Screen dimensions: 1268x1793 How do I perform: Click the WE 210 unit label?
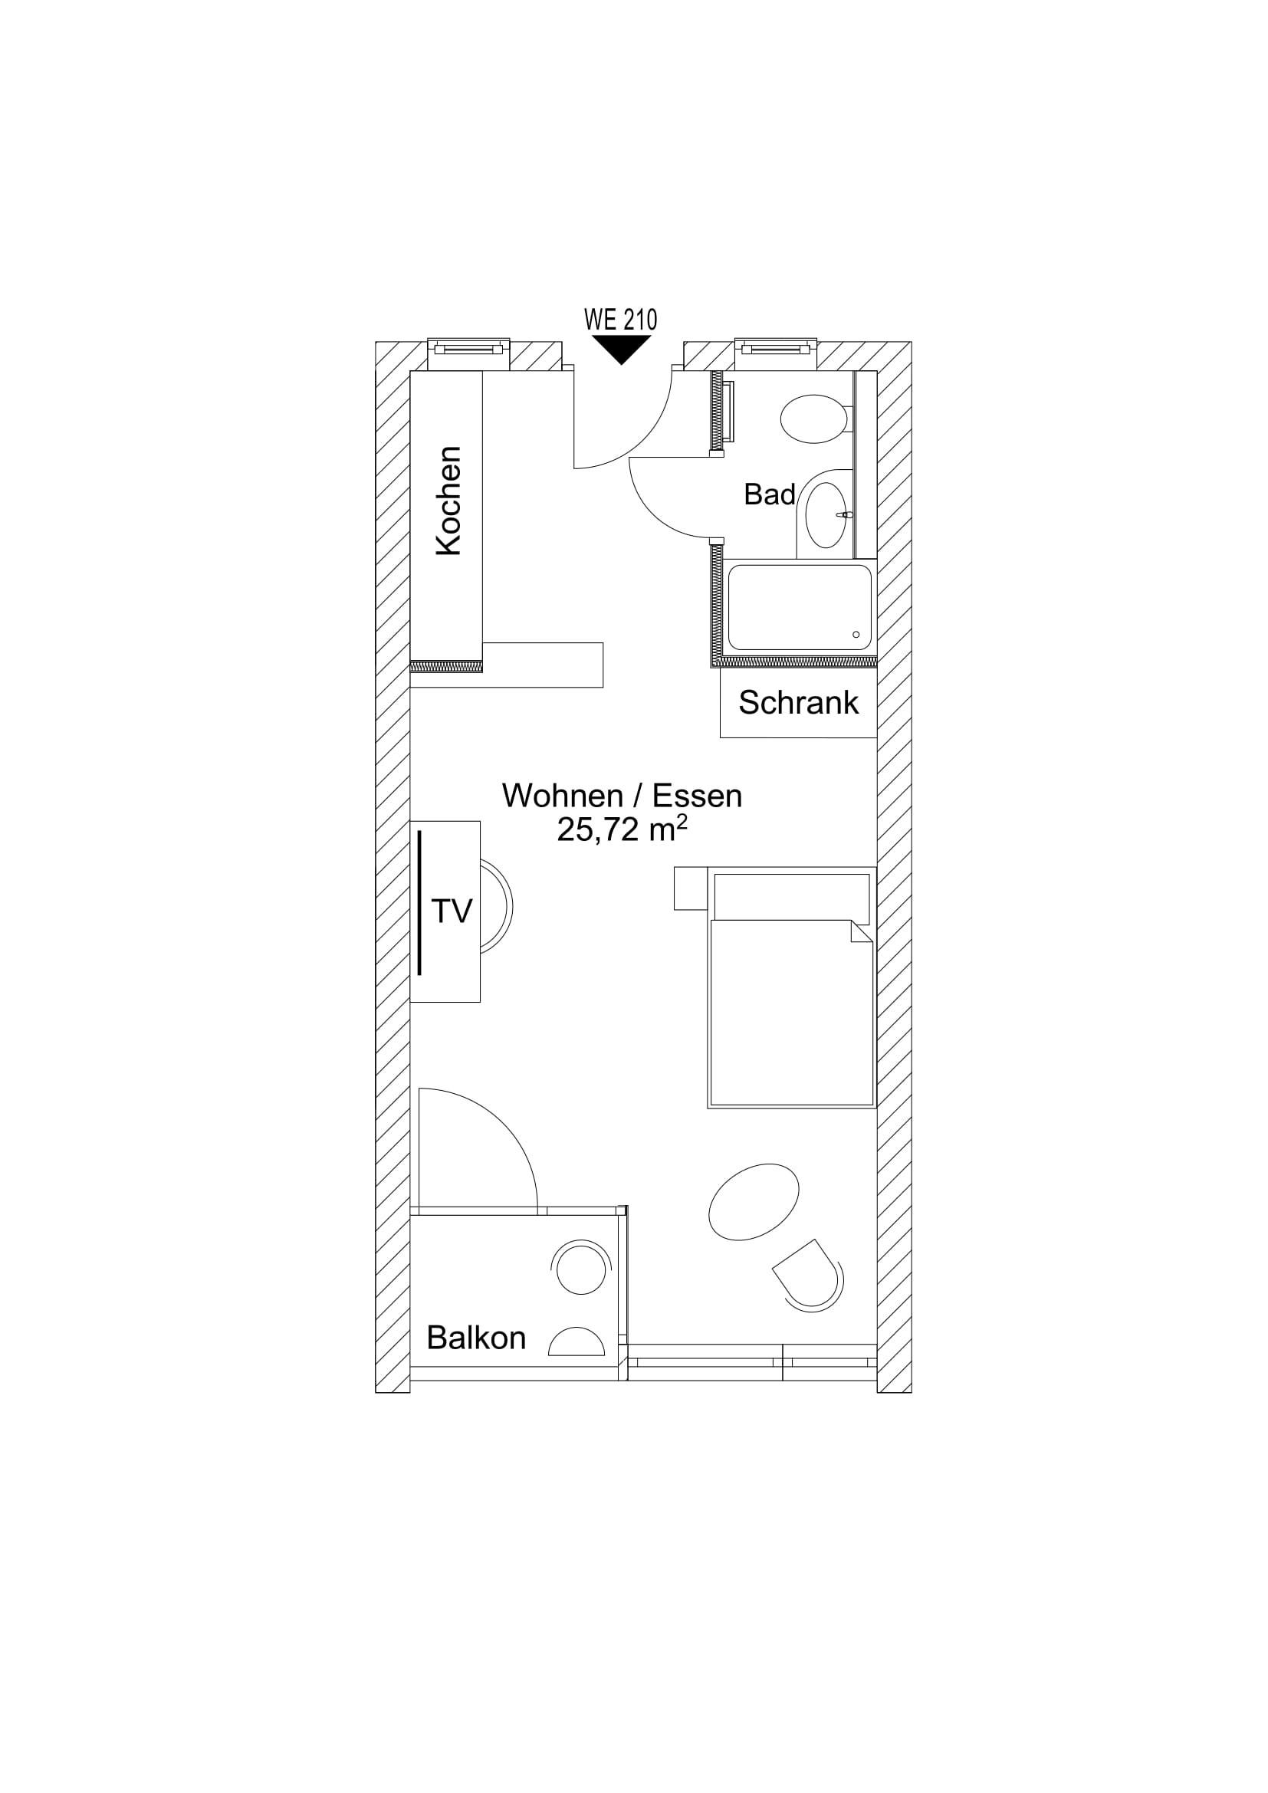(621, 320)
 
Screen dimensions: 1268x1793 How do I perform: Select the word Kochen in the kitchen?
(448, 501)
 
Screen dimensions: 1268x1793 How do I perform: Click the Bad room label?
(769, 494)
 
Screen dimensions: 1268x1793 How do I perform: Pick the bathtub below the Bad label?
(800, 608)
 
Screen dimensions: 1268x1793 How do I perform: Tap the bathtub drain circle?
(856, 635)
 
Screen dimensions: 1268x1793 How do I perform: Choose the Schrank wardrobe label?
(798, 703)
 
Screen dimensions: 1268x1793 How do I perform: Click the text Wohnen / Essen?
(622, 796)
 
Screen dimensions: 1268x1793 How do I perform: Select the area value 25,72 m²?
(622, 829)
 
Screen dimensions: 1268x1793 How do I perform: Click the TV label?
(452, 911)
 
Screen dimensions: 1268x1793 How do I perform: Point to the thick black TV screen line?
(419, 903)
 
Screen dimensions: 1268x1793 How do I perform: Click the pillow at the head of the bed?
(792, 898)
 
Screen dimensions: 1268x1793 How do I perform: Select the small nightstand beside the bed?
(690, 888)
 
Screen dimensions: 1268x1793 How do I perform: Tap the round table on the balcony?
(581, 1270)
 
